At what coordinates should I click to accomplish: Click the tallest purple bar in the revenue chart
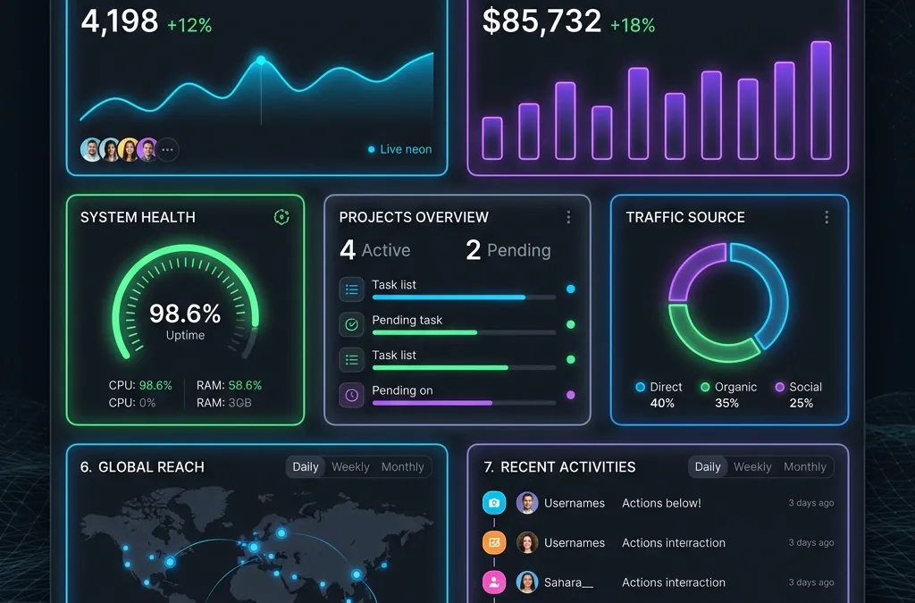pyautogui.click(x=821, y=100)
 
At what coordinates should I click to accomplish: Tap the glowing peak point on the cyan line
pyautogui.click(x=261, y=60)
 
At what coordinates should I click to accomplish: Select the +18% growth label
pyautogui.click(x=633, y=25)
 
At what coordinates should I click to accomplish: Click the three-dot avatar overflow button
pyautogui.click(x=167, y=149)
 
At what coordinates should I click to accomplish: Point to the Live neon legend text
pyautogui.click(x=406, y=149)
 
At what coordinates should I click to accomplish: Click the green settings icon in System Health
pyautogui.click(x=281, y=217)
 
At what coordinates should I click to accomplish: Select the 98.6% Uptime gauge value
pyautogui.click(x=185, y=314)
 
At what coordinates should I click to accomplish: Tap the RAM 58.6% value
pyautogui.click(x=245, y=386)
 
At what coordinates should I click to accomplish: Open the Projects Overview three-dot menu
pyautogui.click(x=568, y=217)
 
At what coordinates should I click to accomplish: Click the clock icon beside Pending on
pyautogui.click(x=351, y=396)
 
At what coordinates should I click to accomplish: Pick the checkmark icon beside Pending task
pyautogui.click(x=351, y=324)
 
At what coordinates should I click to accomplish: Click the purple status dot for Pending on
pyautogui.click(x=571, y=395)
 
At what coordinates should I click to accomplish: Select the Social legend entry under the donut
pyautogui.click(x=799, y=395)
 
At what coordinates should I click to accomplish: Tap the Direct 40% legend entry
pyautogui.click(x=659, y=395)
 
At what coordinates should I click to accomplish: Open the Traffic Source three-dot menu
pyautogui.click(x=827, y=217)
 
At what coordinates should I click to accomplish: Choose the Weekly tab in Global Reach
pyautogui.click(x=350, y=466)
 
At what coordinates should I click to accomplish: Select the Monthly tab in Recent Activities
pyautogui.click(x=805, y=466)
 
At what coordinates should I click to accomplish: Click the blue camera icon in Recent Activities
pyautogui.click(x=494, y=503)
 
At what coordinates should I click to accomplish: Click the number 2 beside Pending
pyautogui.click(x=474, y=250)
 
